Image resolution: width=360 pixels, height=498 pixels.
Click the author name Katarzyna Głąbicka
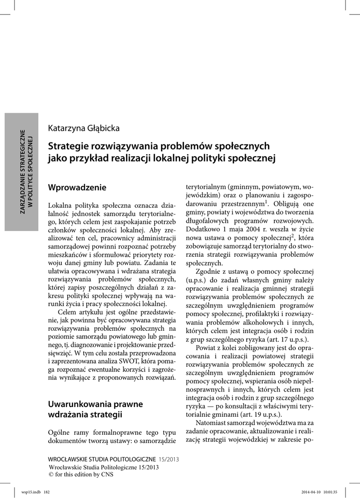click(84, 128)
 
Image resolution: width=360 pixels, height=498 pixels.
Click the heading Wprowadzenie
click(77, 187)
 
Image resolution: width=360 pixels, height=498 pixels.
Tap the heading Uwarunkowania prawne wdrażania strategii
click(95, 409)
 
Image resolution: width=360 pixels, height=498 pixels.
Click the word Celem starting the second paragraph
click(68, 312)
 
